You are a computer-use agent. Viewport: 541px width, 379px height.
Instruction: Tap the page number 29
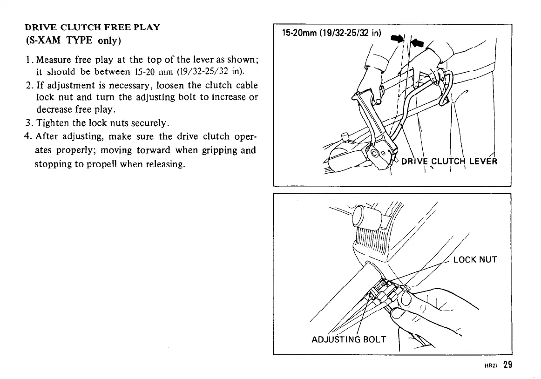click(x=507, y=365)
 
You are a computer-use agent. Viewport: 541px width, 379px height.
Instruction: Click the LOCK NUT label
click(x=474, y=259)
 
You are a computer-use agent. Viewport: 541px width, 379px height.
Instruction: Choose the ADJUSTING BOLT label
click(x=348, y=339)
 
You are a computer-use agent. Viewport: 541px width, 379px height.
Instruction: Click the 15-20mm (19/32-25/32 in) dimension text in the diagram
click(x=332, y=33)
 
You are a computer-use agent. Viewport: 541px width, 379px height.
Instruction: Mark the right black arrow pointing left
click(x=416, y=43)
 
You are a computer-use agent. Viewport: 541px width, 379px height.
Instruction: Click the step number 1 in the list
click(x=27, y=60)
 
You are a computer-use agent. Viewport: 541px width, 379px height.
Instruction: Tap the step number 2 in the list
click(x=27, y=86)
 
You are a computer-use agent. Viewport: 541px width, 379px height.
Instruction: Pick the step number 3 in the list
click(x=27, y=123)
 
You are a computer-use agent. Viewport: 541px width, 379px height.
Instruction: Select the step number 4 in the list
click(x=27, y=136)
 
